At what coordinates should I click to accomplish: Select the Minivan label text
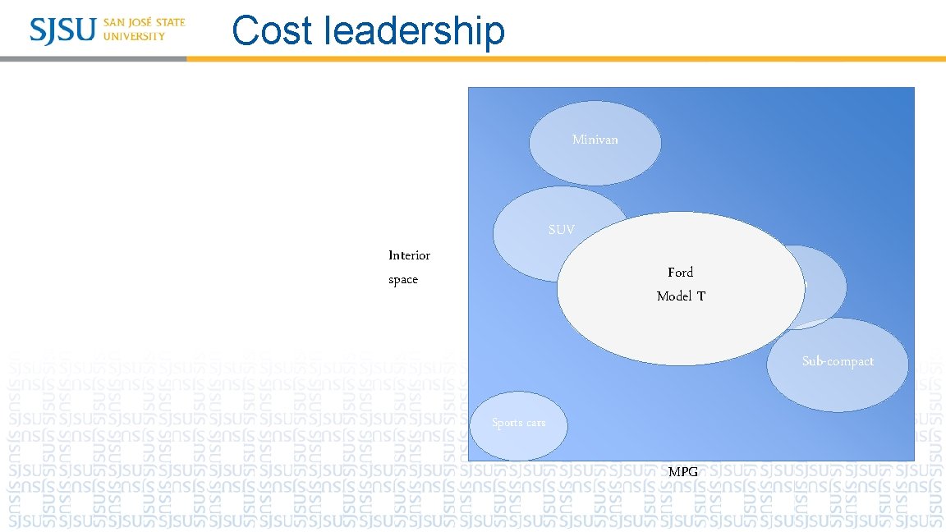595,140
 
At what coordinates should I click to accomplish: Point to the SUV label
562,230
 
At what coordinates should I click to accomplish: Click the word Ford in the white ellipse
680,272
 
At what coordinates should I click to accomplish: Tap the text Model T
681,296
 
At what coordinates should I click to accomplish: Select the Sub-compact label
838,361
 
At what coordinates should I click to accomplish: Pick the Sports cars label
518,423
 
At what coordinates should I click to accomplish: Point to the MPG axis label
683,472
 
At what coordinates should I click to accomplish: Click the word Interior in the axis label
409,255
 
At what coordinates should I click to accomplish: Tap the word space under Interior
403,280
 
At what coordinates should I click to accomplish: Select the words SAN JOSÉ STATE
145,22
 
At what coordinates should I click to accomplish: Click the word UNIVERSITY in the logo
134,36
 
